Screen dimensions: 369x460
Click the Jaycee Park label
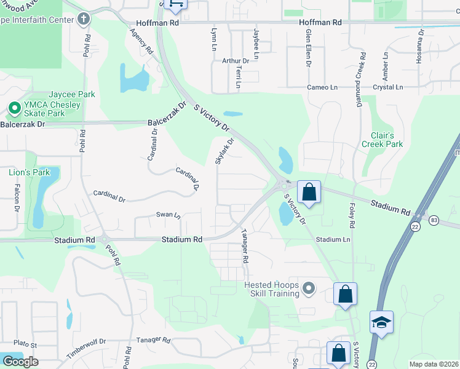72,94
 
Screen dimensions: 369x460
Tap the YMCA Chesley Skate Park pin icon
14,109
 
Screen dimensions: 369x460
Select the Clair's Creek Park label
386,140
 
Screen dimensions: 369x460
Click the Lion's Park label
29,172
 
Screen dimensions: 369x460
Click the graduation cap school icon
381,322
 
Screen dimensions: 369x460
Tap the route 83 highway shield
434,220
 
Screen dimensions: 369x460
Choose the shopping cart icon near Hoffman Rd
176,5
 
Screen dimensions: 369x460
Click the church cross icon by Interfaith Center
84,19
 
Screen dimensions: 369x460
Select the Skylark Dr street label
224,151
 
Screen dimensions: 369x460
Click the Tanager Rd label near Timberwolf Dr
149,339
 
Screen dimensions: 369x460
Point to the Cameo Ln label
323,87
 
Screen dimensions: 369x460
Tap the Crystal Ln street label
387,87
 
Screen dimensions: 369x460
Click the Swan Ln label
168,215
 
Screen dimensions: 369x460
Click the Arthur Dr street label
236,61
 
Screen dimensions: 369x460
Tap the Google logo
20,361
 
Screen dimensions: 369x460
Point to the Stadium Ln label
333,239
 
